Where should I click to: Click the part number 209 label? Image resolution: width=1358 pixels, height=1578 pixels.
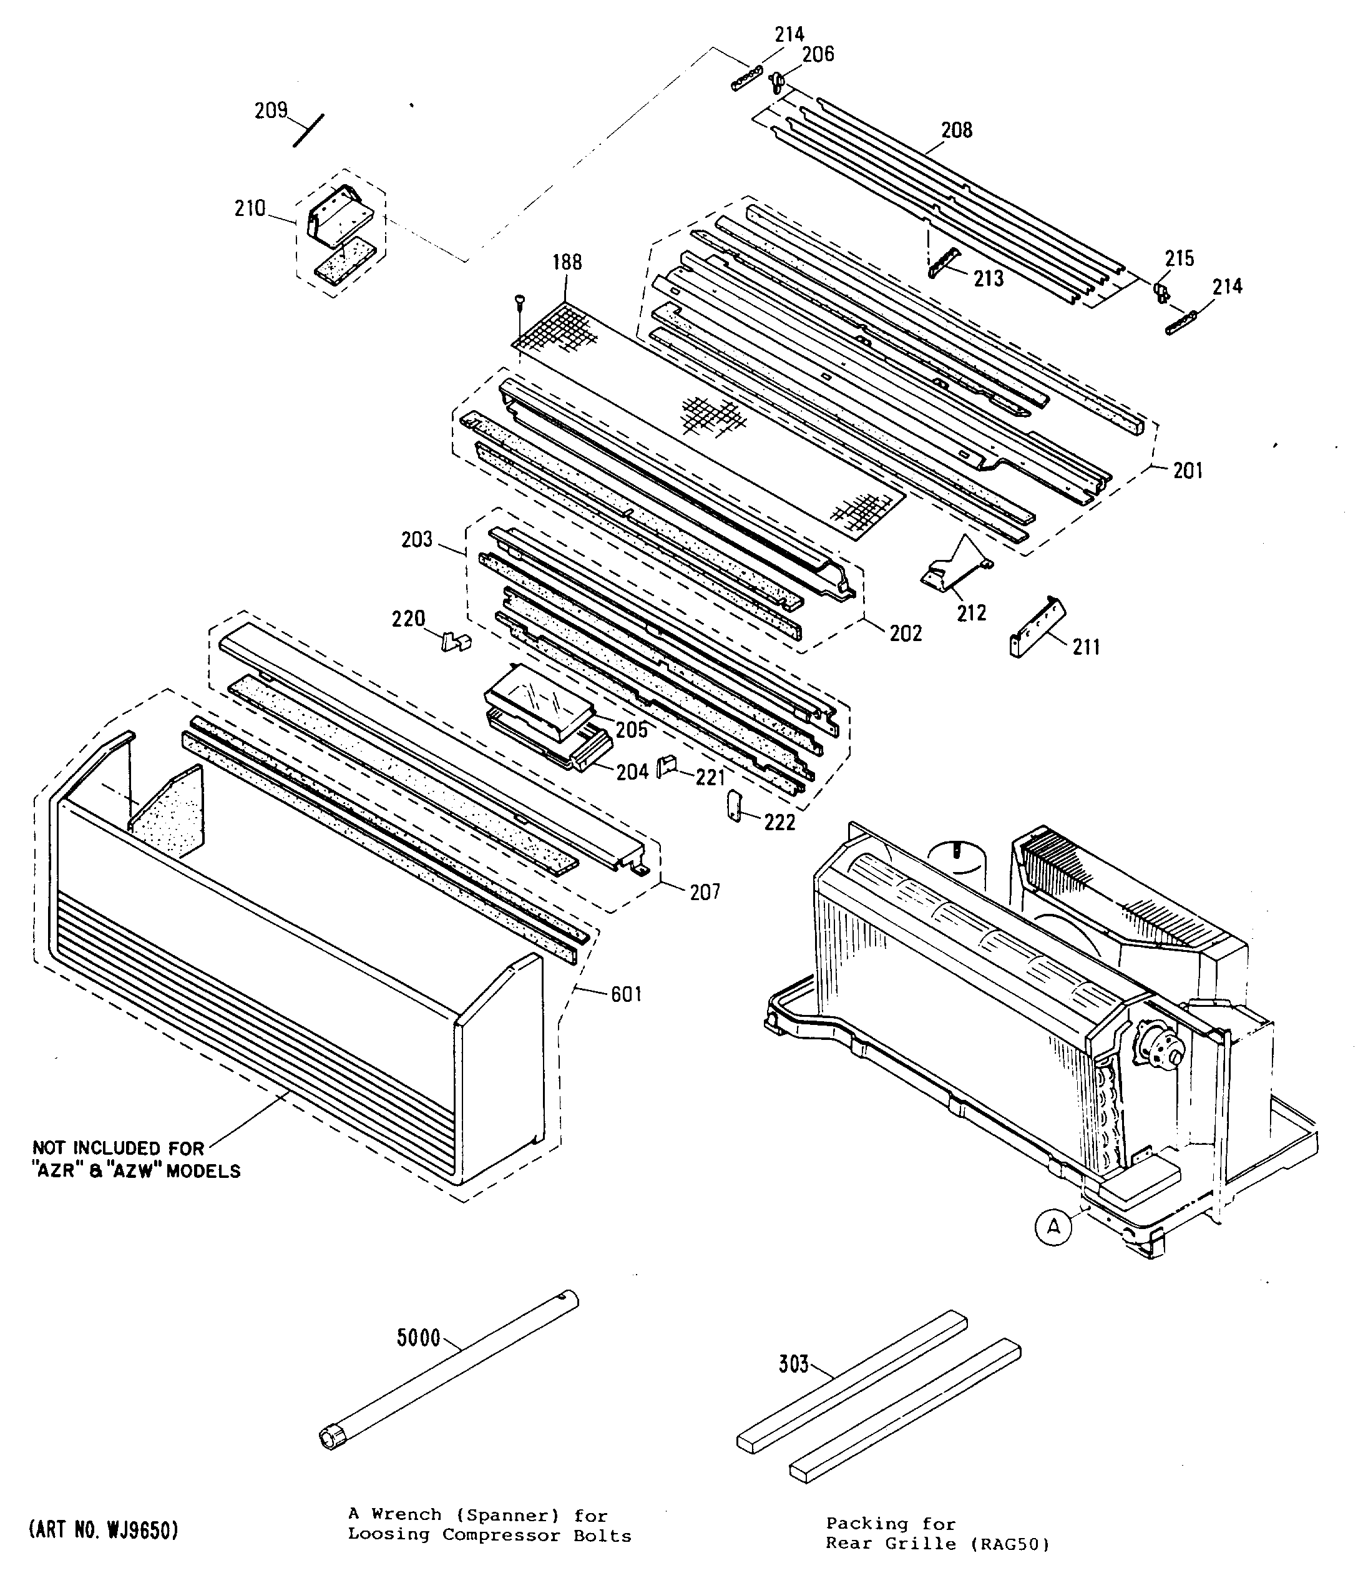[270, 111]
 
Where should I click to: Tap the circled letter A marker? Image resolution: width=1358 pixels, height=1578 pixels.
[1053, 1227]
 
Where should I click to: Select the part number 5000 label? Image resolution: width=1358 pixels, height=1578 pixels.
[418, 1337]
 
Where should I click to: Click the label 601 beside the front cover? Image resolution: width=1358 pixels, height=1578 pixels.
[626, 994]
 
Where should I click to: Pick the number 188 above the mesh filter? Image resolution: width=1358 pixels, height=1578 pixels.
[567, 263]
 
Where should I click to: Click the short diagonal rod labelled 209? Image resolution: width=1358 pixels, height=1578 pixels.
[308, 130]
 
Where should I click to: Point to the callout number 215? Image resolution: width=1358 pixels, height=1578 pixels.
[1179, 258]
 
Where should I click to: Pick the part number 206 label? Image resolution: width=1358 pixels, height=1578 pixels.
[818, 54]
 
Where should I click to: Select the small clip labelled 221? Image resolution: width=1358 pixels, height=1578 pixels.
[667, 763]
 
